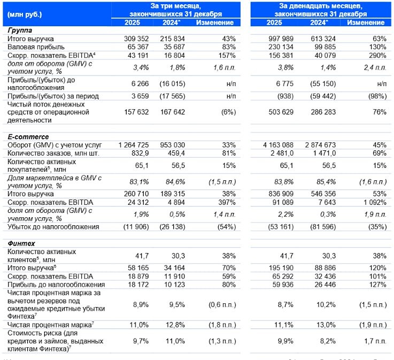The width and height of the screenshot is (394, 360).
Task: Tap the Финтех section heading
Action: [x=20, y=243]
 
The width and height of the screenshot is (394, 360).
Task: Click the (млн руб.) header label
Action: [x=25, y=14]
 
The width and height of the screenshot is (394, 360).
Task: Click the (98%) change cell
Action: [x=375, y=96]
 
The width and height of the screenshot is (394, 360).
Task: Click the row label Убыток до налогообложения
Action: [x=53, y=226]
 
